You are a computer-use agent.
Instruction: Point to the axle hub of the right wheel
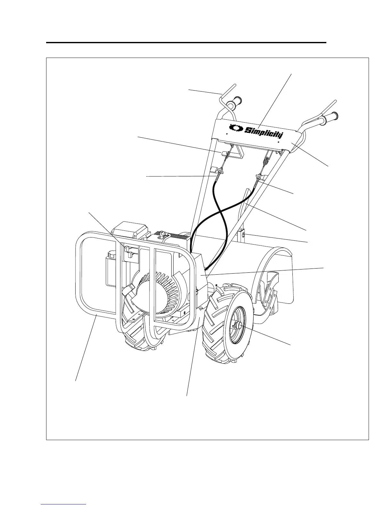click(238, 326)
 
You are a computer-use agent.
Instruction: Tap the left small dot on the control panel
click(227, 134)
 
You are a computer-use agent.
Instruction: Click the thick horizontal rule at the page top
click(186, 42)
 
